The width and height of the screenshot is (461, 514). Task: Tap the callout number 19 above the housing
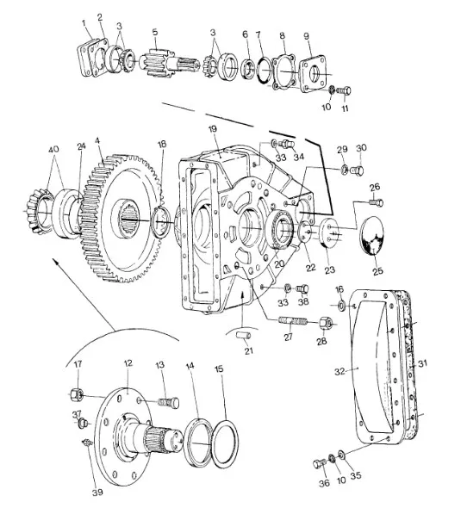[x=213, y=129]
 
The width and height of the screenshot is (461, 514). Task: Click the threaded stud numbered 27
[x=293, y=321]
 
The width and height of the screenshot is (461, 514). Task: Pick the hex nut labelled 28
[x=326, y=324]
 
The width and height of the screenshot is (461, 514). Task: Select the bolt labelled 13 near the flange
[x=169, y=402]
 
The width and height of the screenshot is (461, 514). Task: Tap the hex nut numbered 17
[x=78, y=394]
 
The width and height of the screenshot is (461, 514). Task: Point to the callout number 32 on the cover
[x=340, y=371]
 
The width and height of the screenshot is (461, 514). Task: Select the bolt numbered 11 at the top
[x=344, y=90]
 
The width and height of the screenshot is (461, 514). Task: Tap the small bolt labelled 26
[x=376, y=203]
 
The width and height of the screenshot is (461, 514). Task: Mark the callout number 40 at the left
[x=53, y=150]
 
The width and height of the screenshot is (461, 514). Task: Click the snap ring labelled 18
[x=162, y=223]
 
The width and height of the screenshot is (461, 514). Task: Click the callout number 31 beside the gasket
[x=422, y=363]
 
